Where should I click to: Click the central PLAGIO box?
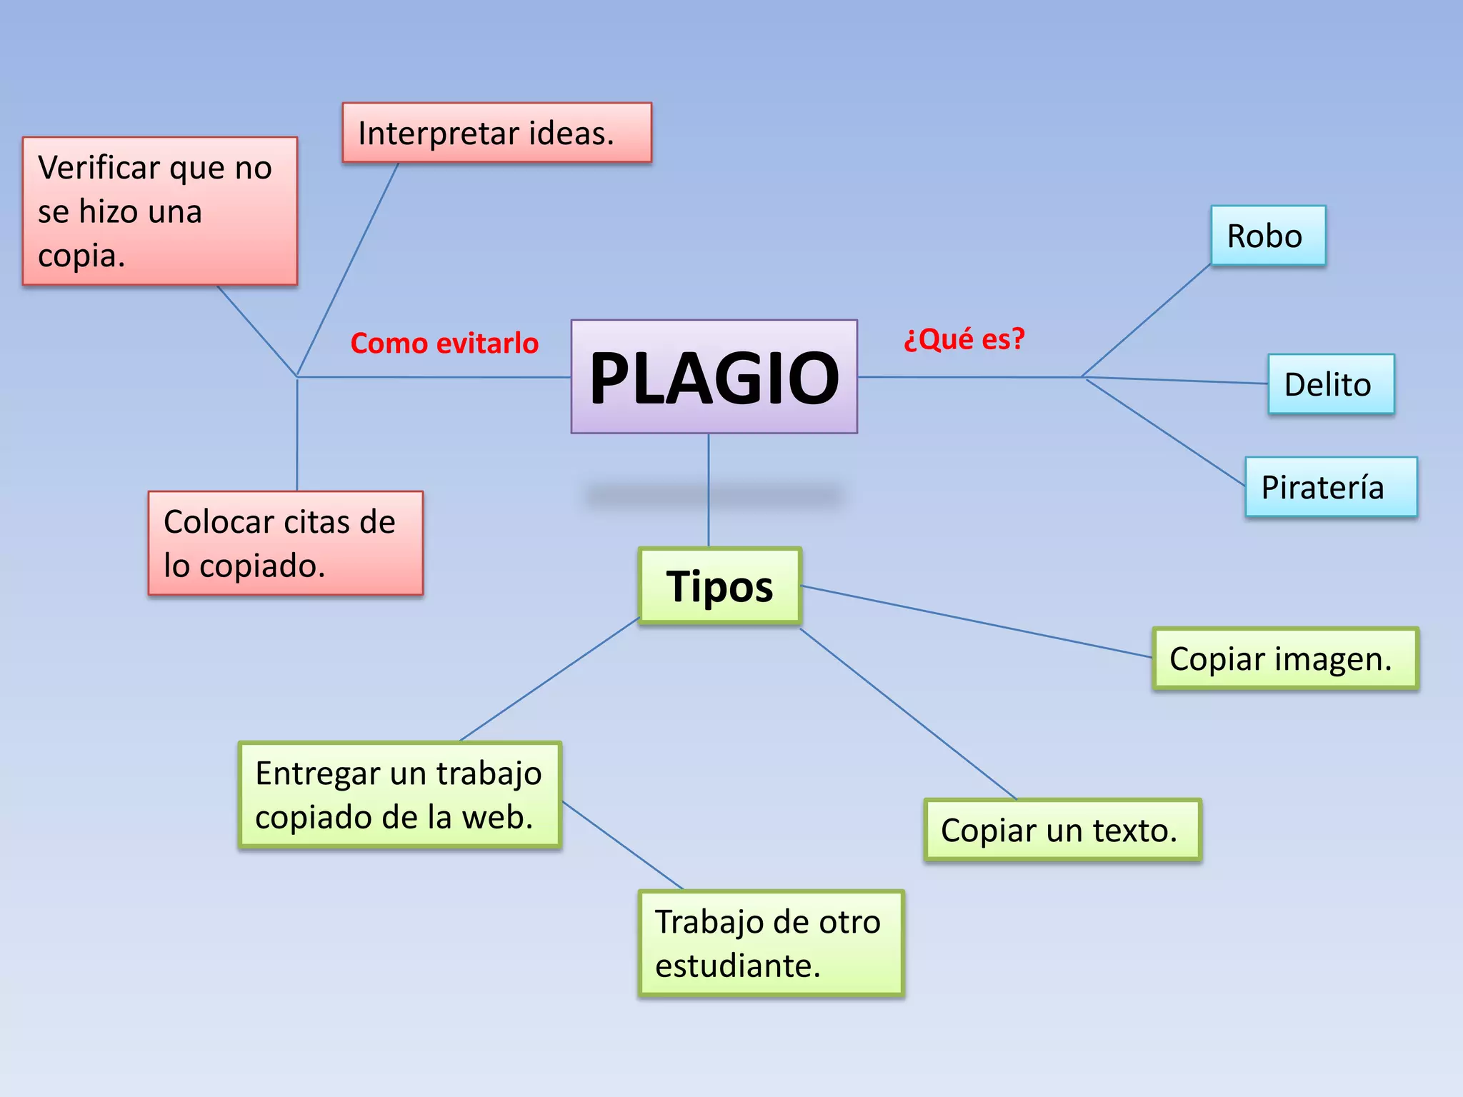pyautogui.click(x=714, y=376)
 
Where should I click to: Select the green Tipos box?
pyautogui.click(x=719, y=586)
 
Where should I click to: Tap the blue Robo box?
pyautogui.click(x=1267, y=236)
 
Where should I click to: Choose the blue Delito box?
pyautogui.click(x=1330, y=384)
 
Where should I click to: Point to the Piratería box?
pyautogui.click(x=1330, y=487)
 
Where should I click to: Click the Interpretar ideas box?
pyautogui.click(x=496, y=133)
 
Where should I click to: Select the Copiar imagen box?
pyautogui.click(x=1284, y=658)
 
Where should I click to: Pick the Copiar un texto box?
pyautogui.click(x=1062, y=830)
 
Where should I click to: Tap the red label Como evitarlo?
pyautogui.click(x=444, y=344)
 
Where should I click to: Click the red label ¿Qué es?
pyautogui.click(x=964, y=339)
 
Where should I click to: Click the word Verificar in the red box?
pyautogui.click(x=99, y=168)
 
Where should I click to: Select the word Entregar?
pyautogui.click(x=306, y=773)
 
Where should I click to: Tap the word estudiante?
pyautogui.click(x=737, y=966)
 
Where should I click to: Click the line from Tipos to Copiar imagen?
pyautogui.click(x=976, y=621)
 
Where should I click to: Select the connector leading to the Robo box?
pyautogui.click(x=1146, y=321)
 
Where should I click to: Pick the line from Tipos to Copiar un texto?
pyautogui.click(x=907, y=713)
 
